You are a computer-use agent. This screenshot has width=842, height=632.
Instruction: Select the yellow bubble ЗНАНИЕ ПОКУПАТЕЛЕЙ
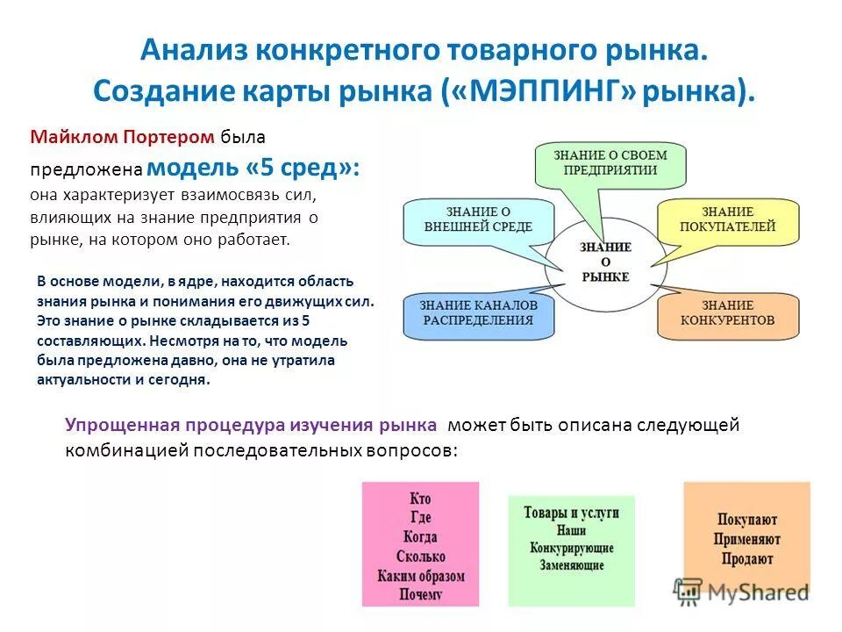pos(728,219)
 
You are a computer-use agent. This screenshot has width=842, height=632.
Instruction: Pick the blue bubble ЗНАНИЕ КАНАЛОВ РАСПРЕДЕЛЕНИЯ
pos(479,312)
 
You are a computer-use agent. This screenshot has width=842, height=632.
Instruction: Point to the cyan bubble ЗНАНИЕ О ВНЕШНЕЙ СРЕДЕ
pos(479,219)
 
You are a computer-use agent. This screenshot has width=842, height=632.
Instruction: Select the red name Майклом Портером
pos(123,137)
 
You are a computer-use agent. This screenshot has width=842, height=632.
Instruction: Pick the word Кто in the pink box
pos(420,499)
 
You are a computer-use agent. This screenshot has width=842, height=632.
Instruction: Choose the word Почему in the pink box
pos(420,594)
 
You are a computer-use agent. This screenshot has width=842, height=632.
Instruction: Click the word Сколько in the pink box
pos(420,557)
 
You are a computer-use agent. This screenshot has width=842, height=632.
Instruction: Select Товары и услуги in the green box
pos(571,513)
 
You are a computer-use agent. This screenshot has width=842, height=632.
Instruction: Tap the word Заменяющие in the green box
pos(571,565)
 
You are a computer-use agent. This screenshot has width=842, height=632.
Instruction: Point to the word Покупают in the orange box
pos(747,520)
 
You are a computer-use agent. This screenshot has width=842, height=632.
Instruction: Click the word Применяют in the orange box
pos(747,539)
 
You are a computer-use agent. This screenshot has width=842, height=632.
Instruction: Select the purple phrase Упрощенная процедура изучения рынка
pos(252,426)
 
